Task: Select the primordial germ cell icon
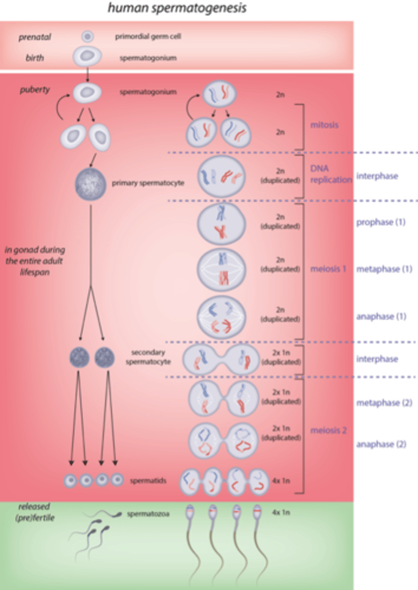pos(87,36)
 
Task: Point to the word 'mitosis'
pos(324,125)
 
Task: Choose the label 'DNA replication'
pos(330,175)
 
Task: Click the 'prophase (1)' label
pos(381,222)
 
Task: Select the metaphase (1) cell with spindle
pos(221,270)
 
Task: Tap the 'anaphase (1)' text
pos(381,317)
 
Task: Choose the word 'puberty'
pos(35,90)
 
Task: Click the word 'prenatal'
pos(35,37)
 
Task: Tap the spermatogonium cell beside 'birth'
pos(88,57)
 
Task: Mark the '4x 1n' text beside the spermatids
pos(281,480)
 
